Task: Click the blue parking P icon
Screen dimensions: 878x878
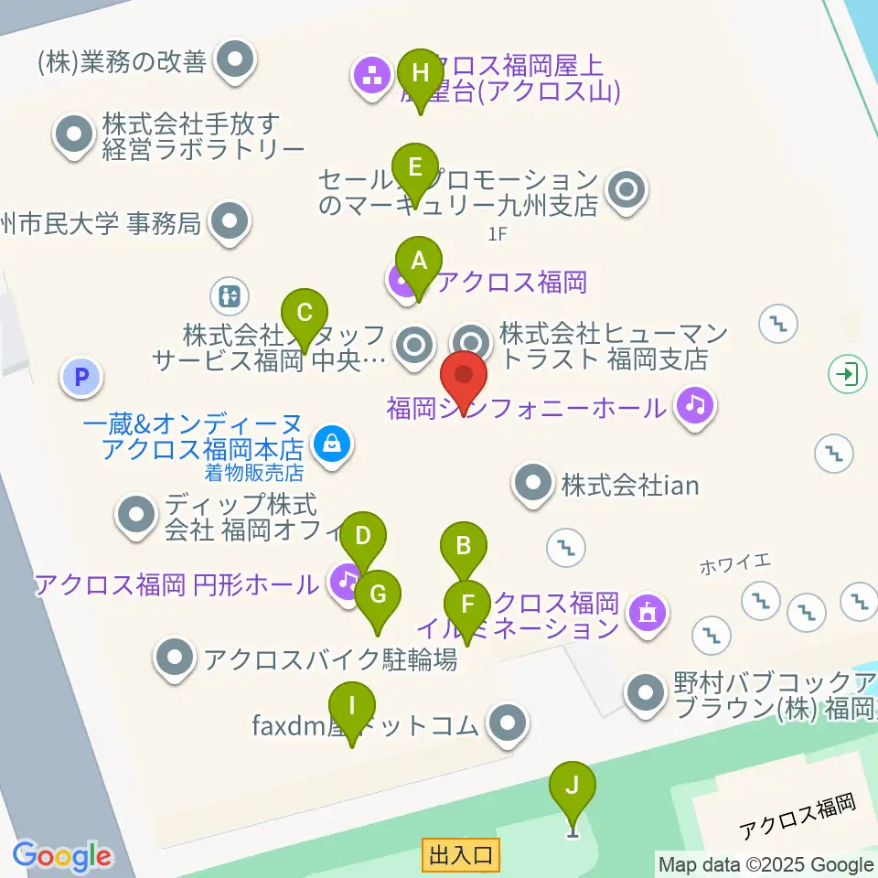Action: click(x=81, y=377)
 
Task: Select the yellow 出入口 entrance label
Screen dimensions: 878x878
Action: click(x=461, y=855)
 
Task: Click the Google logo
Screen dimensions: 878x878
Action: click(x=61, y=856)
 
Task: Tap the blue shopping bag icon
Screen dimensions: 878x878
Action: click(x=330, y=444)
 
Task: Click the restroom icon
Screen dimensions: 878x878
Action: click(x=228, y=295)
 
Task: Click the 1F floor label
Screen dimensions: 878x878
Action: click(x=497, y=234)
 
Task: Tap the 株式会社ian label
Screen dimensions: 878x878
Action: click(x=630, y=484)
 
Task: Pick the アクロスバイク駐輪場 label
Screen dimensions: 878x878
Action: click(x=330, y=658)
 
